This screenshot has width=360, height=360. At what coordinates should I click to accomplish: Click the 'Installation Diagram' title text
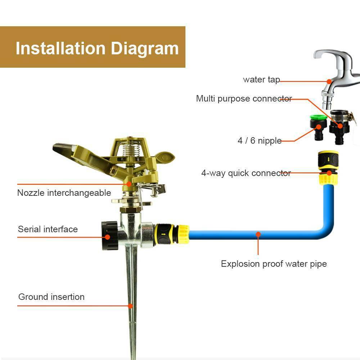97,49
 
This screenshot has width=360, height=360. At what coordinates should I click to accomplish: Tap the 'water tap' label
261,80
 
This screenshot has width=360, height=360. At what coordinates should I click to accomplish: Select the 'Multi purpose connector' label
244,99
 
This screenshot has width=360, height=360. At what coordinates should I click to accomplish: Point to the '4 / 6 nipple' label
260,140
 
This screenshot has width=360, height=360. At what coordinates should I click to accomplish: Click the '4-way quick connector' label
246,173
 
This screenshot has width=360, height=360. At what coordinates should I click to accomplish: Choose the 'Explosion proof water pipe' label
274,264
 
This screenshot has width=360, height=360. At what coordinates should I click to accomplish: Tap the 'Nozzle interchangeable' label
64,193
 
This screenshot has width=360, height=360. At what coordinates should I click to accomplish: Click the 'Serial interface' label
48,229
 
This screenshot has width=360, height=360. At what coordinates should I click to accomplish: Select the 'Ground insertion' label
51,297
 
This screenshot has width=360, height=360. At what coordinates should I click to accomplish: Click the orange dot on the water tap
329,81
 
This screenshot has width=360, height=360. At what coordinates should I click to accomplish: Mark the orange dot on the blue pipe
258,234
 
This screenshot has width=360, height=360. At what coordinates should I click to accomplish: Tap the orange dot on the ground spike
130,306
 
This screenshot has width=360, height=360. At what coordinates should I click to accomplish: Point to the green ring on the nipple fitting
319,117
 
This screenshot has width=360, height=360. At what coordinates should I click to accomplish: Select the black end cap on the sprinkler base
110,235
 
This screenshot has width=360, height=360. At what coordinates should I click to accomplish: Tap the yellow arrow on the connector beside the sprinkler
163,234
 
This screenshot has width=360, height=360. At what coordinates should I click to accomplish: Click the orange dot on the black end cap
107,237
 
